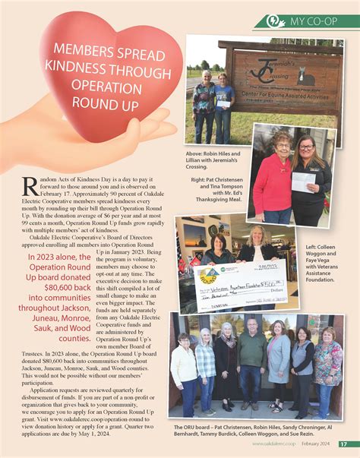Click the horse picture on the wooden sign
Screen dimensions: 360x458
306,77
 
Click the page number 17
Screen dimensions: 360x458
344,444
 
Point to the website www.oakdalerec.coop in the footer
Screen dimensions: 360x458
273,444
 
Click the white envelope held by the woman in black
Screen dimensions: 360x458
302,182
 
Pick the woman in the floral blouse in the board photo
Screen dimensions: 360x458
327,363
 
